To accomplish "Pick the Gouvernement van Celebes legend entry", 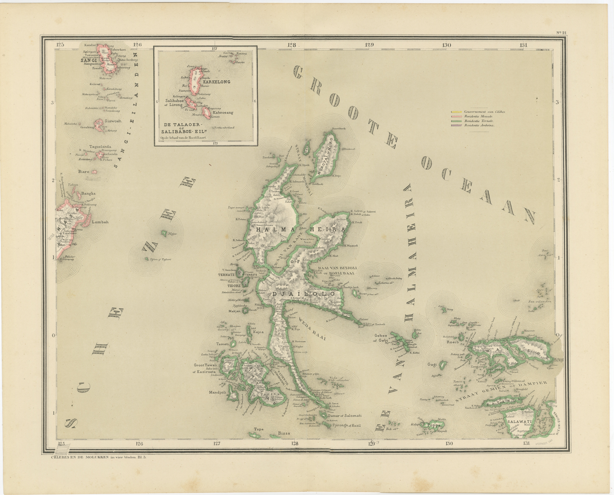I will pos(484,112).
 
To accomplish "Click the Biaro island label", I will pos(84,172).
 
